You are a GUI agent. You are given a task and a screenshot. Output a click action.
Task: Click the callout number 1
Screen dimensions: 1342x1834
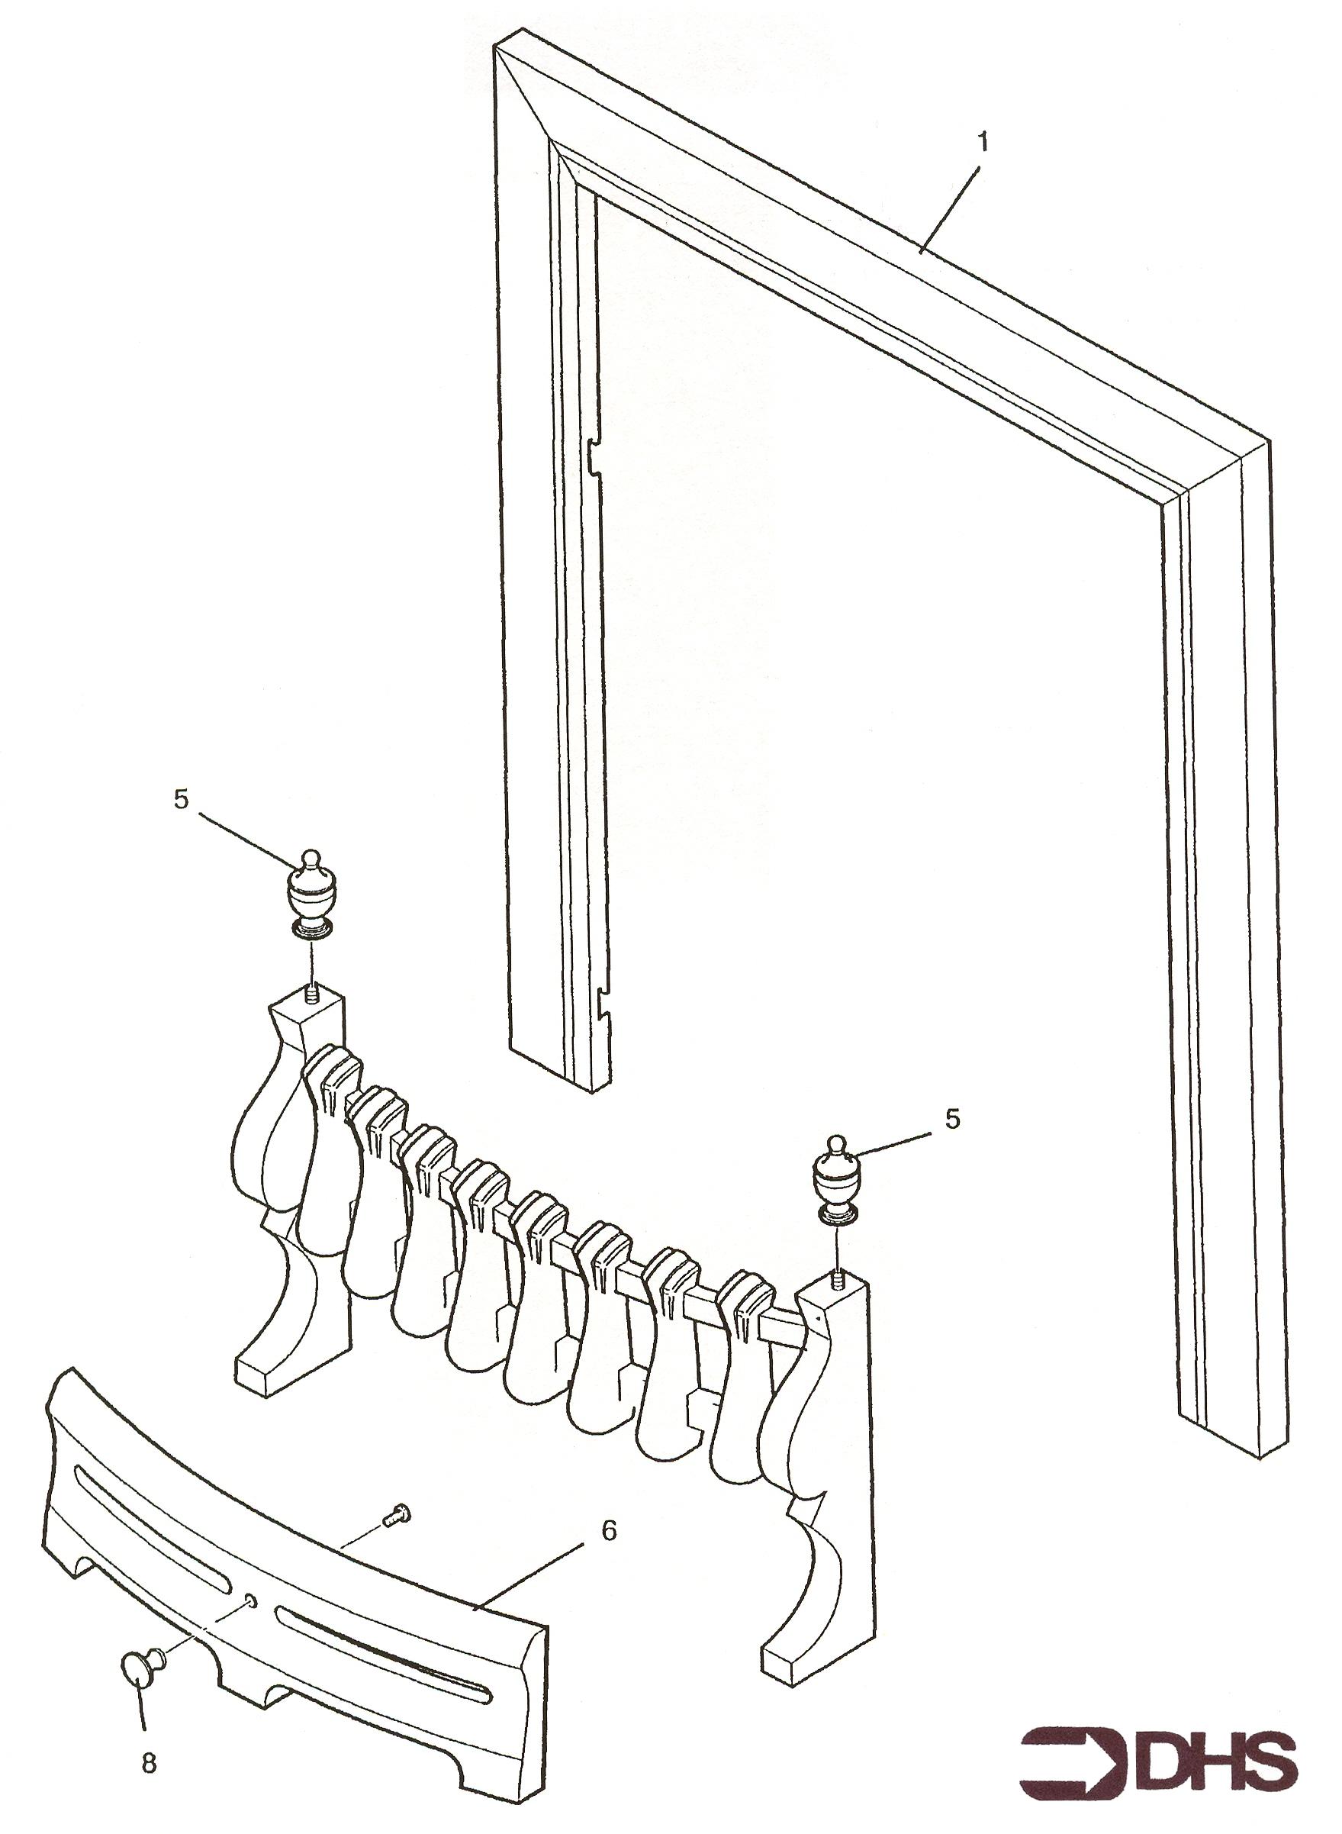(983, 143)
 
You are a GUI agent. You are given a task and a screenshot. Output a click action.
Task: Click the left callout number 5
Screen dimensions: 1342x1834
(180, 799)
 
